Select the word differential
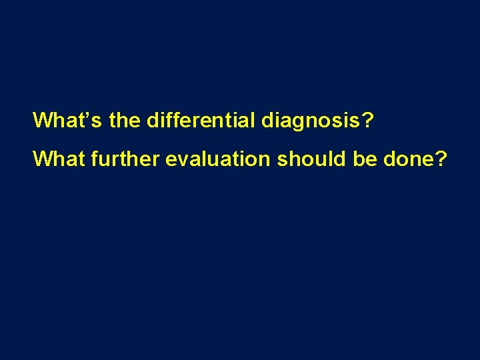coord(201,120)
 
